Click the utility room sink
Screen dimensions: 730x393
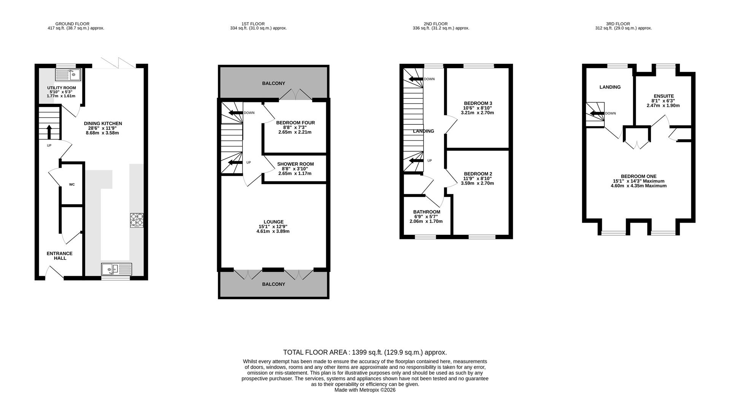click(68, 75)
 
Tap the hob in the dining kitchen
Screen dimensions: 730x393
click(137, 220)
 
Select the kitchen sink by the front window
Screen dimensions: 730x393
click(116, 269)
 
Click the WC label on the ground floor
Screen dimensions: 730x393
click(72, 185)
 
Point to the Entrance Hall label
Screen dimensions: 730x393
click(60, 256)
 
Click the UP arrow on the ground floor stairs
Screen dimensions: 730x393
click(49, 132)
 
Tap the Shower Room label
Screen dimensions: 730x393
click(295, 164)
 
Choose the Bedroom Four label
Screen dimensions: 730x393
click(295, 123)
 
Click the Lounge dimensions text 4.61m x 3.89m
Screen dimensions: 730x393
click(273, 231)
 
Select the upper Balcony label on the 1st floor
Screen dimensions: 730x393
click(273, 83)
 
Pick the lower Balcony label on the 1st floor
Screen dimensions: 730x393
click(273, 284)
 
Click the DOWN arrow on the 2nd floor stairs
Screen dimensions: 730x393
click(415, 79)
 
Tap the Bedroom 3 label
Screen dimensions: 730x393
click(478, 103)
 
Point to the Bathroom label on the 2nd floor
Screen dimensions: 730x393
click(427, 212)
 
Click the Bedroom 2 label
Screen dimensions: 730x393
click(478, 174)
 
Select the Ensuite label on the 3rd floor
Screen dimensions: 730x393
click(664, 96)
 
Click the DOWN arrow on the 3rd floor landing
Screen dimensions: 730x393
click(597, 113)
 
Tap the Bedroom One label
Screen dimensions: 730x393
click(639, 177)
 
